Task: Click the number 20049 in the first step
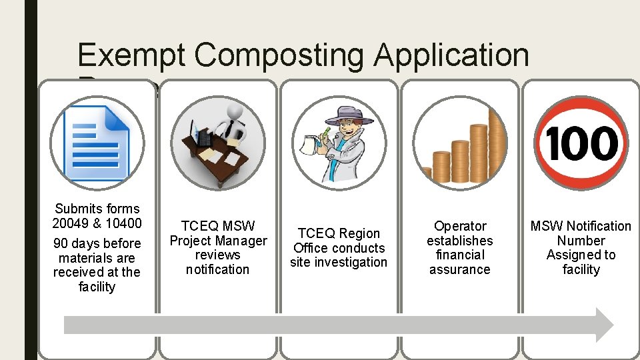(x=74, y=223)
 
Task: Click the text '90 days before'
(x=97, y=243)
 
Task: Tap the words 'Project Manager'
(x=218, y=241)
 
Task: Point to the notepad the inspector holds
(x=309, y=142)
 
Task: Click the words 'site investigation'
(x=339, y=262)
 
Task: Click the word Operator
(x=460, y=226)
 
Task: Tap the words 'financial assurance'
(x=460, y=262)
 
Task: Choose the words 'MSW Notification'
(x=581, y=226)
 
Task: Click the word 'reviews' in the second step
(x=217, y=255)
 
